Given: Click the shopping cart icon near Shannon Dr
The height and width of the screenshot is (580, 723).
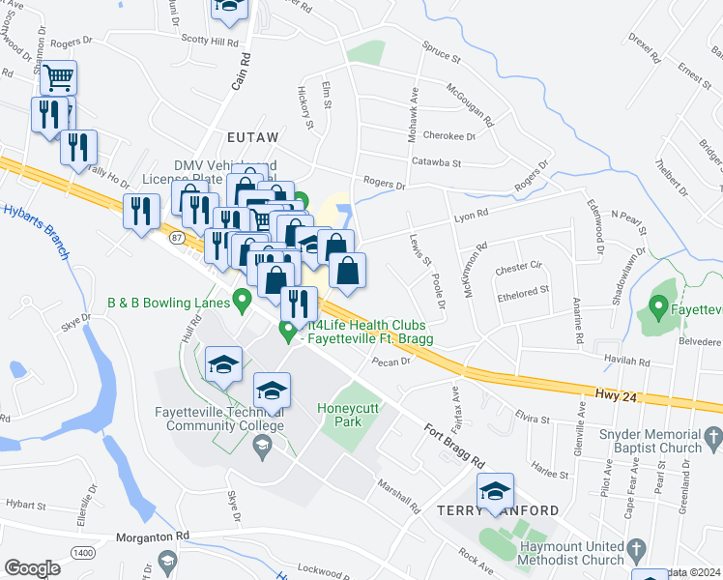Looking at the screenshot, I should coord(59,77).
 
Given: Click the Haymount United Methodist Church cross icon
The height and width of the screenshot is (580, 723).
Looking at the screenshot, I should coord(635,551).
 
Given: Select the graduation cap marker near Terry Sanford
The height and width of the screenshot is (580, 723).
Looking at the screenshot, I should coord(496,490).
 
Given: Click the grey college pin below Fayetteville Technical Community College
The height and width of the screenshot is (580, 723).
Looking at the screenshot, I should coord(260,445).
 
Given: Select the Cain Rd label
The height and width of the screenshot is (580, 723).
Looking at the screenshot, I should coord(240,72).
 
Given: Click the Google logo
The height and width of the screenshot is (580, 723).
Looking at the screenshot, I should coord(32,567).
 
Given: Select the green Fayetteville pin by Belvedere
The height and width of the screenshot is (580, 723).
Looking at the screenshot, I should coord(659,309).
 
